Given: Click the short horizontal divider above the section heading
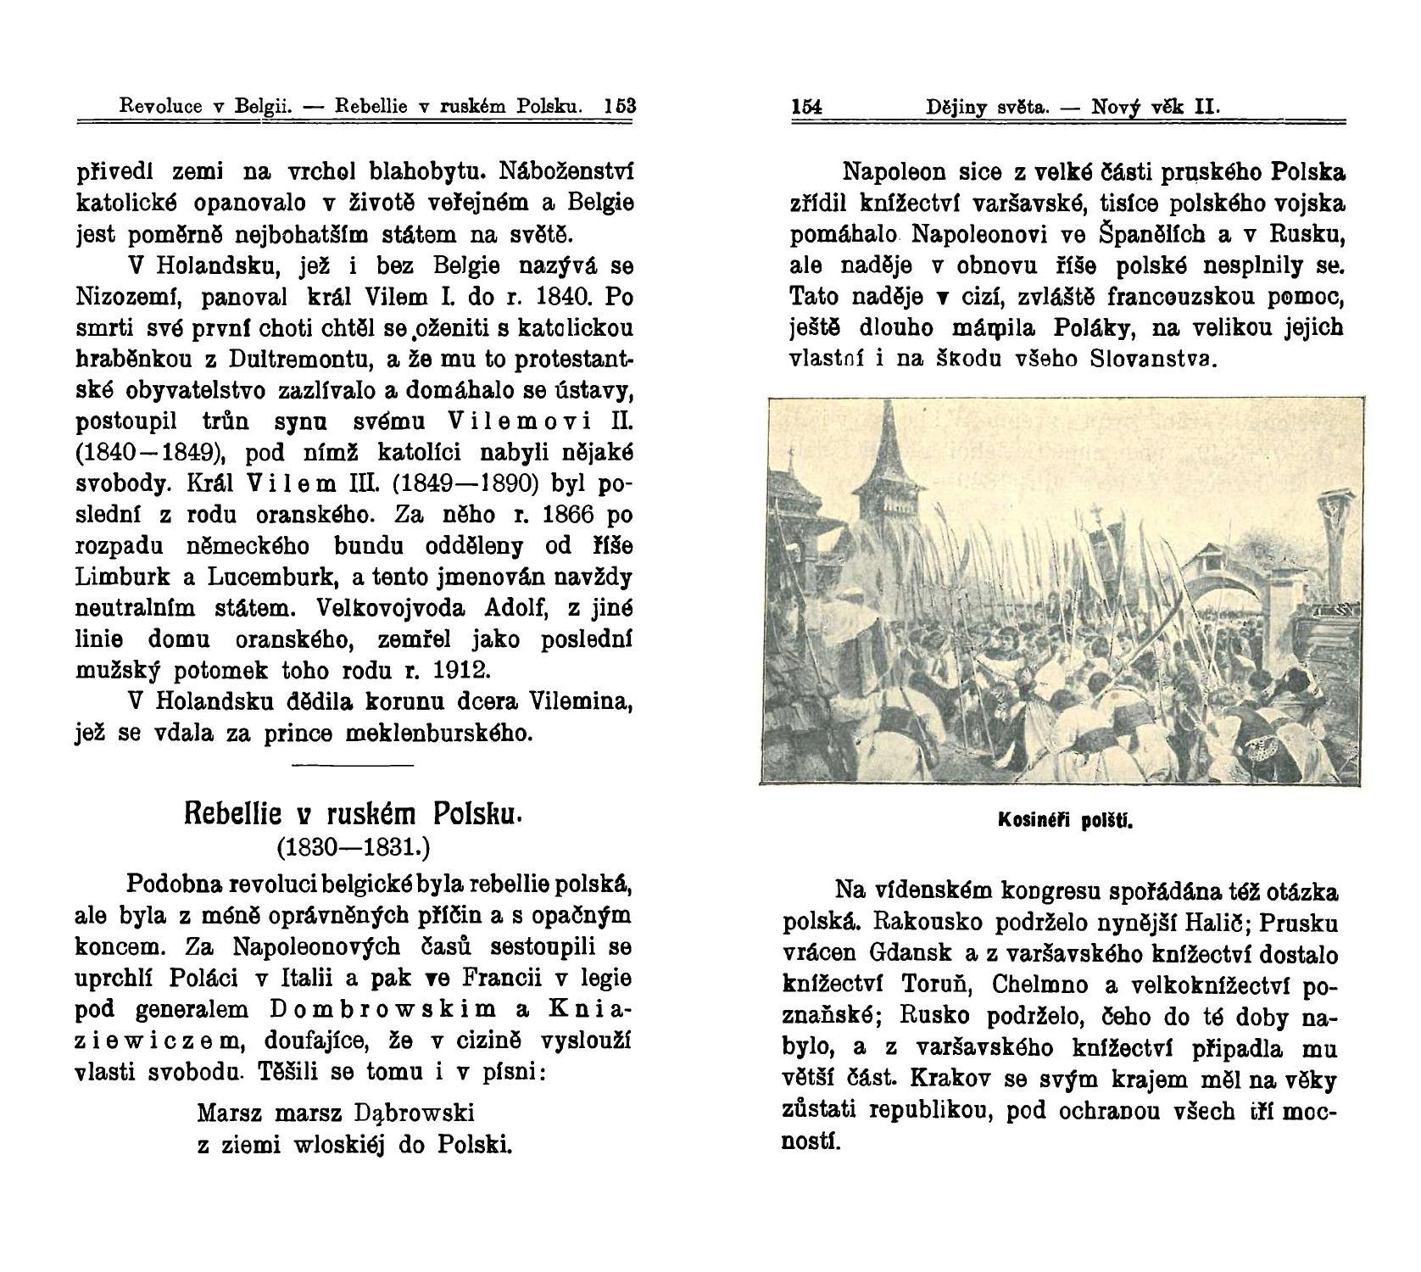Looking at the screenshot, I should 352,767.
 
